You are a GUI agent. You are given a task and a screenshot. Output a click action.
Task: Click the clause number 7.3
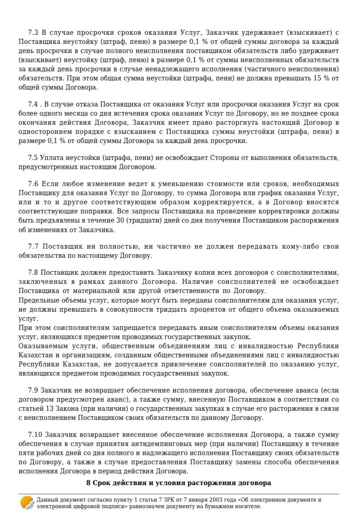coord(33,33)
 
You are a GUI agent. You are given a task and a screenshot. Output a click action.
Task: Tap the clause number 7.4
coord(33,104)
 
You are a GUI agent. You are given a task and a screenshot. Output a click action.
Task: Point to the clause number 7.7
coord(33,246)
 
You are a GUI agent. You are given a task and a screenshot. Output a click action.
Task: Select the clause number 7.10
coord(35,434)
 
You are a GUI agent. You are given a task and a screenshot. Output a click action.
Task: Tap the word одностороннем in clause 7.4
coord(41,132)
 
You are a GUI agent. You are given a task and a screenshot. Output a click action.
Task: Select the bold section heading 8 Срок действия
coord(179,483)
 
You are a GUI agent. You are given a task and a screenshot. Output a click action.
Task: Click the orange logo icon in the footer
coord(27,503)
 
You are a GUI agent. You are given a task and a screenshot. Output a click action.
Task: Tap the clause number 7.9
coord(33,391)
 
